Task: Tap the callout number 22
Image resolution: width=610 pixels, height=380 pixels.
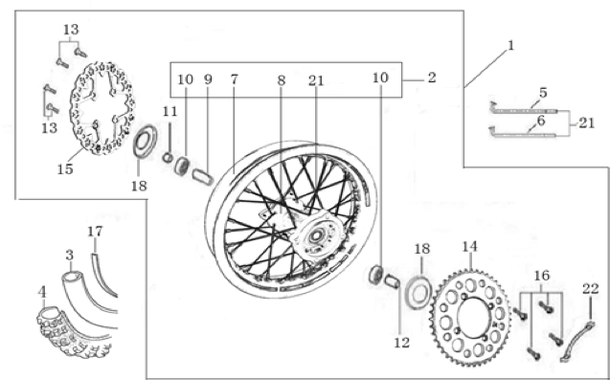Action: (591, 289)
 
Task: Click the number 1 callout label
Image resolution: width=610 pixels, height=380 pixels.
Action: (510, 46)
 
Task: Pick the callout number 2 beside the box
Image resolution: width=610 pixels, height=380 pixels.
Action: (432, 78)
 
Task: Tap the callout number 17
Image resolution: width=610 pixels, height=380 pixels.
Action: (95, 232)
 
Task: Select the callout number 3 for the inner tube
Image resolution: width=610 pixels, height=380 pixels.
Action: (70, 256)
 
